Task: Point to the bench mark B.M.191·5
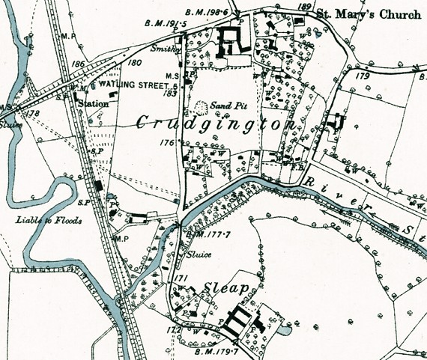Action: [x=171, y=25]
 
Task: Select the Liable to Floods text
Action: [x=48, y=220]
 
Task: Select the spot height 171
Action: [x=179, y=278]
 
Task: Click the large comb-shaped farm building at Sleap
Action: [x=237, y=322]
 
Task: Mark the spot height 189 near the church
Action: [x=303, y=6]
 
